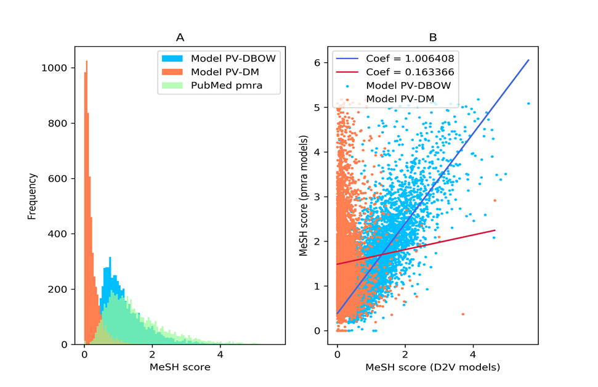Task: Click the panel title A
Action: tap(180, 38)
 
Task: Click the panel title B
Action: tap(433, 38)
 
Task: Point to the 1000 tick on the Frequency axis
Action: tap(60, 68)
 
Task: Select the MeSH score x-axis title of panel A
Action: tap(180, 368)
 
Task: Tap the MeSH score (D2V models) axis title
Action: tap(433, 368)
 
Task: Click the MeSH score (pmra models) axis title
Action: tap(305, 197)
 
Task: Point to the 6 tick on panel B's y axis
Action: tap(318, 63)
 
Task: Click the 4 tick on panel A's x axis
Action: tap(220, 356)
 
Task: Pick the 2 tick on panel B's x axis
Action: tap(405, 356)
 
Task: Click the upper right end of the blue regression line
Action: tap(529, 60)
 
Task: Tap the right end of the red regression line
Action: tap(495, 230)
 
